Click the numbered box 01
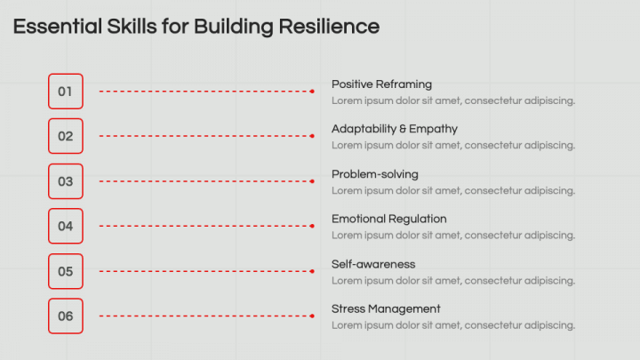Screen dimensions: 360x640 tap(65, 91)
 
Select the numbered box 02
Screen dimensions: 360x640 tap(65, 136)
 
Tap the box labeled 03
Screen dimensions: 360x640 tap(65, 181)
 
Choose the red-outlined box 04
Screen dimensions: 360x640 tap(65, 226)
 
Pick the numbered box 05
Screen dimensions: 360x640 tap(65, 271)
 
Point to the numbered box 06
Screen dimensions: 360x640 tap(65, 316)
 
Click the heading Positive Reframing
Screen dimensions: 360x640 tap(381, 84)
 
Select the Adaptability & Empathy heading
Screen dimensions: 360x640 tap(395, 129)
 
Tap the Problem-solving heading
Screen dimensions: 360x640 tap(374, 174)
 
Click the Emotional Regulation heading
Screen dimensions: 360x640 tap(388, 219)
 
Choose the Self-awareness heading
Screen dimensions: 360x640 tap(373, 264)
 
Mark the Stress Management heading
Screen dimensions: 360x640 tap(386, 308)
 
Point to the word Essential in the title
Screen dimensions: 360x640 tap(56, 27)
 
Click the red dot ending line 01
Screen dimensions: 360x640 tap(312, 91)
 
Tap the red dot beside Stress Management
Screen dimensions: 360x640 tap(312, 316)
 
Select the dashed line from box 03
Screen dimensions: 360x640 tap(204, 181)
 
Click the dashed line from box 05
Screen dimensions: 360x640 tap(204, 271)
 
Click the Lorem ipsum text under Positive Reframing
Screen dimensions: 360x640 tap(453, 100)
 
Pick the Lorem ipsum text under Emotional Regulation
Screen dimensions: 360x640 tap(453, 236)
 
